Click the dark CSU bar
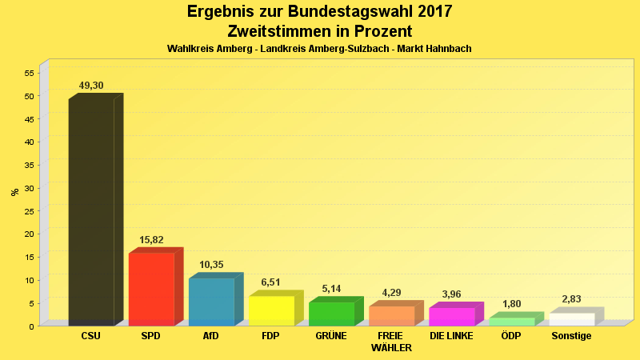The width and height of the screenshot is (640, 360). [91, 212]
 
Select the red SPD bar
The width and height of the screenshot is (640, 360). [151, 289]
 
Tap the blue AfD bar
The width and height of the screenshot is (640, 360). [211, 302]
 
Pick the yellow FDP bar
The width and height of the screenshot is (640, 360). [271, 310]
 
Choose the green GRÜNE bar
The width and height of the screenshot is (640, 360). [331, 314]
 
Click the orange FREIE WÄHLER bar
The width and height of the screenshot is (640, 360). [391, 315]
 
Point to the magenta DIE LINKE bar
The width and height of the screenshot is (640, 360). [451, 316]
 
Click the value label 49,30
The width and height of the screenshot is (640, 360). [91, 86]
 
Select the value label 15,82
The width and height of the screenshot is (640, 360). [151, 240]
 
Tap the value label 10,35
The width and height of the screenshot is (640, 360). [211, 265]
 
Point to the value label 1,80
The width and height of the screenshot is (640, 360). [511, 304]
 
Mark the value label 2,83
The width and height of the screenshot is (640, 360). [571, 299]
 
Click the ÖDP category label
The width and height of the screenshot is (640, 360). [511, 336]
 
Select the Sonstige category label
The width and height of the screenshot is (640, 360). [571, 336]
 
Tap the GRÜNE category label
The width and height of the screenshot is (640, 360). [331, 336]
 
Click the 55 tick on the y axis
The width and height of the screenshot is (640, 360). [29, 74]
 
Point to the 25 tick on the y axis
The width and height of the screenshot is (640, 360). [29, 211]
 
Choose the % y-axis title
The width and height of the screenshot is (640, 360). [14, 192]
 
